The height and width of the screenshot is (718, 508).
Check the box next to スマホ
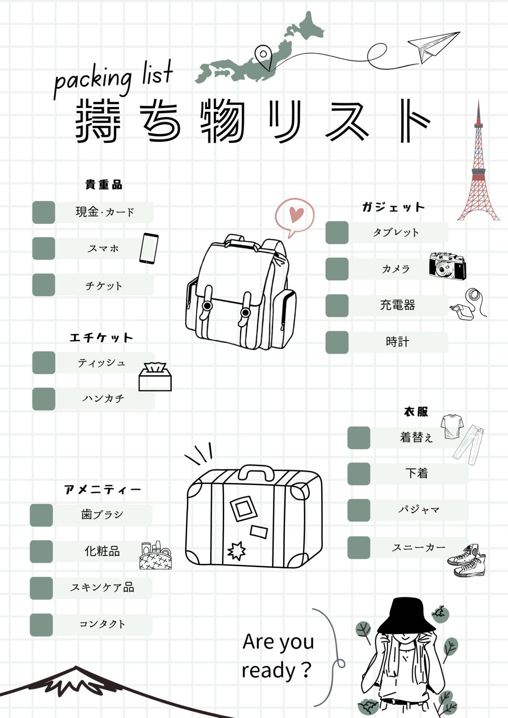(x=44, y=248)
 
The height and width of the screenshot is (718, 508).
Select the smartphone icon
(x=149, y=248)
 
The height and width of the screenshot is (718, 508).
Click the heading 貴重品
(x=104, y=185)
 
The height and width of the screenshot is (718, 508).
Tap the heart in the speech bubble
(x=297, y=214)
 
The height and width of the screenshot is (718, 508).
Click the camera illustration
(x=448, y=266)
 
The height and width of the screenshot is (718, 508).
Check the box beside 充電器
(x=337, y=306)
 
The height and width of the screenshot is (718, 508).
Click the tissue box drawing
(x=155, y=377)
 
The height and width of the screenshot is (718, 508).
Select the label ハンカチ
(x=103, y=399)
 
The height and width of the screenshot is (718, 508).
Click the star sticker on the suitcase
(x=237, y=550)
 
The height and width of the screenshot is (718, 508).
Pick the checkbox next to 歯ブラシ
(x=42, y=515)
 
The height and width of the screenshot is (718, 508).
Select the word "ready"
(x=268, y=671)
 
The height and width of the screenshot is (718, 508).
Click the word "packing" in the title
(x=93, y=79)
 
